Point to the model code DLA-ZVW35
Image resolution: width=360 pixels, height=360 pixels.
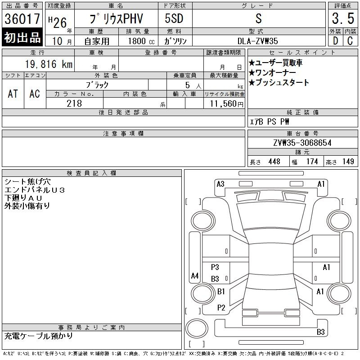[258, 40]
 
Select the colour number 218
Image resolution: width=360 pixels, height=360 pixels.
[74, 103]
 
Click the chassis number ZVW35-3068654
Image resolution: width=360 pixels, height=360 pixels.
[302, 143]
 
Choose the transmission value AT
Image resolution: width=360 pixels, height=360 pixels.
[13, 94]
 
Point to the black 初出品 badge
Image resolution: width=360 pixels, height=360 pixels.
[22, 38]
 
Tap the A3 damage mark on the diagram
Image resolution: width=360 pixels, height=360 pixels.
[220, 184]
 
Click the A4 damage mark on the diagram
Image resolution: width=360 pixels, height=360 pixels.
[195, 275]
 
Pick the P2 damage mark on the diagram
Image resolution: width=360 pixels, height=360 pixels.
[221, 308]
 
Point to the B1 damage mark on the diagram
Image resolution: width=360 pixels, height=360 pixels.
[221, 292]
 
